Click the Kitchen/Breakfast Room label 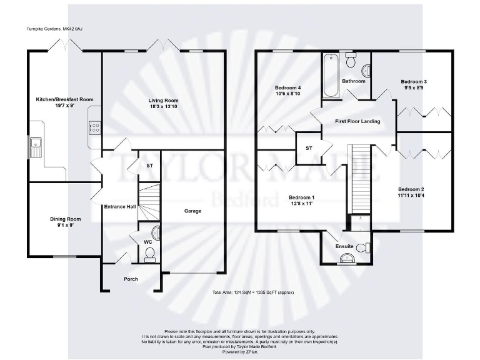pos(64,99)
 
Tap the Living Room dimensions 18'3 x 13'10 pos(163,107)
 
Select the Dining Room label pos(66,219)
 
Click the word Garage pos(192,211)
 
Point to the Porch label pos(131,279)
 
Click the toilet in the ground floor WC pos(149,252)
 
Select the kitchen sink pos(34,147)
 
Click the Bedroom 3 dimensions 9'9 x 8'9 pos(414,88)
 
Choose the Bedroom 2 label pos(411,189)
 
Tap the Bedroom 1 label pos(301,197)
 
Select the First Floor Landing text pos(357,121)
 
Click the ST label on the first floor pos(309,148)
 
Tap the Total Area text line pos(252,292)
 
